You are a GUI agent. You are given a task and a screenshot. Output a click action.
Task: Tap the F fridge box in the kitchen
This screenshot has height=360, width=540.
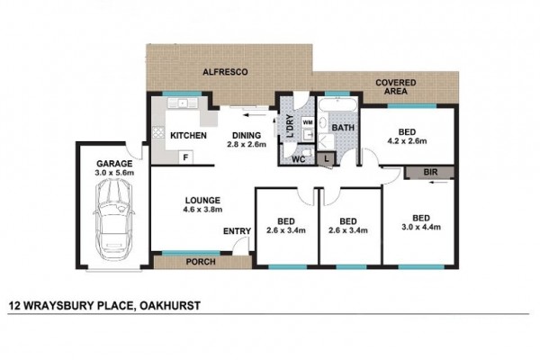click(x=185, y=157)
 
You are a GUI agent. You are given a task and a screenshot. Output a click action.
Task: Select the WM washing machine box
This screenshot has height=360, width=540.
click(x=308, y=122)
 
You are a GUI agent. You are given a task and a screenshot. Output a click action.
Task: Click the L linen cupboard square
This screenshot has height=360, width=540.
click(x=326, y=159)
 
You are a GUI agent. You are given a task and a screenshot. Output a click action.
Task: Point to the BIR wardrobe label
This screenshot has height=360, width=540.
click(x=430, y=172)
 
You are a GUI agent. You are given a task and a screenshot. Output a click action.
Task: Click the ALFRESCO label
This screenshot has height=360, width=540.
click(x=225, y=72)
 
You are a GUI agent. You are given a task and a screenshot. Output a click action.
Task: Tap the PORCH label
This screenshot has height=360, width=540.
click(x=201, y=262)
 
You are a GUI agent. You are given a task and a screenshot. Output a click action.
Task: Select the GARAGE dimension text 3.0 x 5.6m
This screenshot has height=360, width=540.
click(x=114, y=173)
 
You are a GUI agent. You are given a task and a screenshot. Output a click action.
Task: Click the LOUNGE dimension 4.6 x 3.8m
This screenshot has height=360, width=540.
click(x=202, y=209)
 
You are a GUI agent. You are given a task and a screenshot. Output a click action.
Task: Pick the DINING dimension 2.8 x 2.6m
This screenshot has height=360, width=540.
click(x=247, y=144)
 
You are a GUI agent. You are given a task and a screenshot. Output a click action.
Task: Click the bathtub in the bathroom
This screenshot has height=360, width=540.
click(x=337, y=104)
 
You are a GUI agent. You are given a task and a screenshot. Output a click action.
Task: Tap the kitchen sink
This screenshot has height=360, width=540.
click(x=183, y=103)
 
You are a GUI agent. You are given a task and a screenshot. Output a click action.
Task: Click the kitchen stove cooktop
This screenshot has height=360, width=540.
click(x=158, y=132)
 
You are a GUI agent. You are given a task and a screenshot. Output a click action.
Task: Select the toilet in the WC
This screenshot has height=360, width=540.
click(x=307, y=152)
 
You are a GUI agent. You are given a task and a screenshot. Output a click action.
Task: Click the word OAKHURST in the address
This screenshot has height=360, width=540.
click(x=170, y=306)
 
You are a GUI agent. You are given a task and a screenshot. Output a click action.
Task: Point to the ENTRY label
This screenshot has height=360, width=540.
click(x=237, y=231)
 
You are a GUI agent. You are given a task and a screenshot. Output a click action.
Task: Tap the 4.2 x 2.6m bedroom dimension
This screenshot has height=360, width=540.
click(x=407, y=141)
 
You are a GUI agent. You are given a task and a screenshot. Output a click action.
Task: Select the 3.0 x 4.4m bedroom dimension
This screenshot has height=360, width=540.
click(x=421, y=227)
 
